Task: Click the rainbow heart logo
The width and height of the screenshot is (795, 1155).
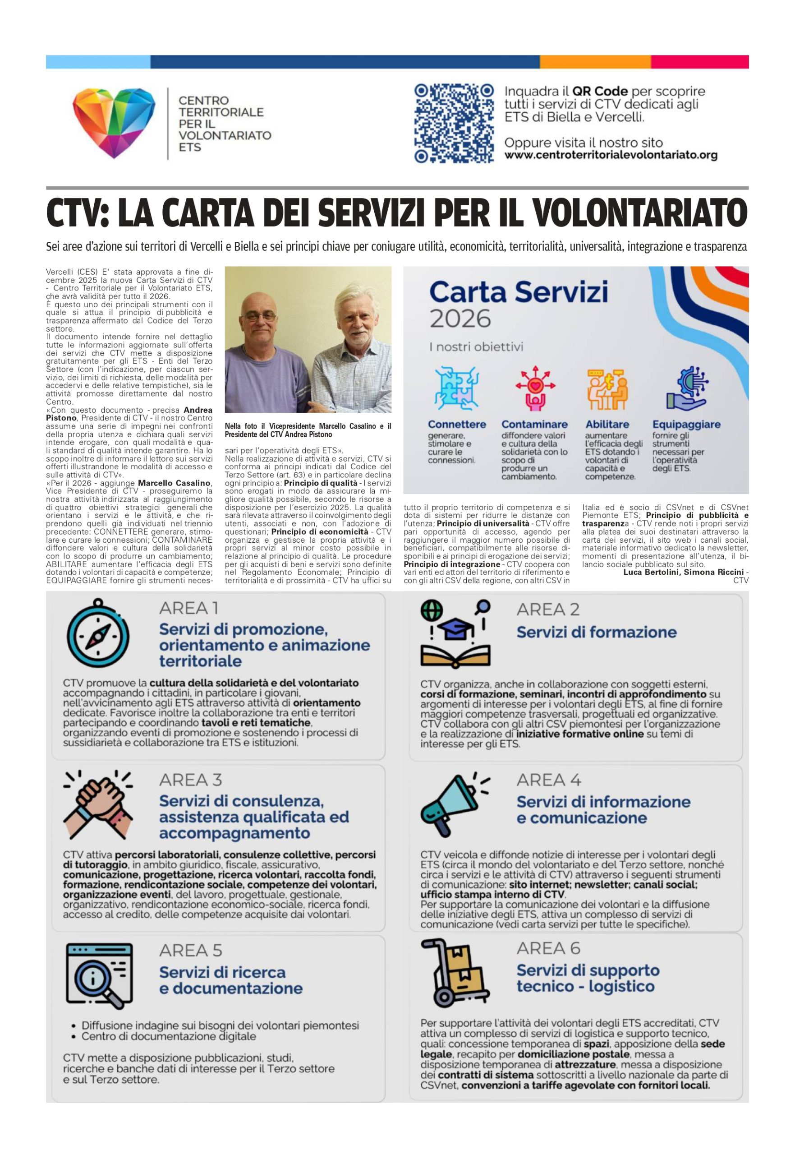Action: tap(114, 123)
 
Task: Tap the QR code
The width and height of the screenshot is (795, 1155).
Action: tap(454, 124)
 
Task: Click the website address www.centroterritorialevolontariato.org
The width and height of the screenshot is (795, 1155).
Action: tap(611, 155)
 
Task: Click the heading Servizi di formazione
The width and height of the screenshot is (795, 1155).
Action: tap(596, 632)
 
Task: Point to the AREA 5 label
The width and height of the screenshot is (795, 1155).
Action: tap(190, 950)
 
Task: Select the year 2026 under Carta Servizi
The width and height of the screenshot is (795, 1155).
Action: tap(460, 319)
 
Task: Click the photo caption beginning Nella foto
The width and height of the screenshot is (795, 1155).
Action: tap(308, 430)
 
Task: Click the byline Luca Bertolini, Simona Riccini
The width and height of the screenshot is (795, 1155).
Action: tap(683, 572)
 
